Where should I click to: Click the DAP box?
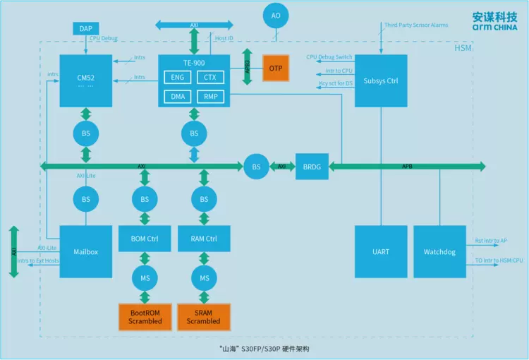[x=85, y=28]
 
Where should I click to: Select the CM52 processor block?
[x=85, y=80]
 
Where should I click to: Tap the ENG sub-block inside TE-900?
[x=177, y=77]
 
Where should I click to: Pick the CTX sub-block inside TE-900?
[x=210, y=77]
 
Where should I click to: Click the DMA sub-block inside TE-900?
[x=177, y=96]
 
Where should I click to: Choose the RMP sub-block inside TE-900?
[x=210, y=96]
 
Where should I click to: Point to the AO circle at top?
[x=276, y=16]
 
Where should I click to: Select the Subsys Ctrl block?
[x=381, y=80]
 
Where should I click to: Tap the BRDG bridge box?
[x=311, y=167]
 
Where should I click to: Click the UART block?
[x=381, y=251]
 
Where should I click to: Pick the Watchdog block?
[x=439, y=251]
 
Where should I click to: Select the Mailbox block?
[x=85, y=251]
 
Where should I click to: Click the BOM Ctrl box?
[x=145, y=239]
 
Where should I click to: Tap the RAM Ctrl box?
[x=204, y=239]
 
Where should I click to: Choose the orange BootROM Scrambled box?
[x=145, y=316]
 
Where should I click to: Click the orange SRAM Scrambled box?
[x=204, y=316]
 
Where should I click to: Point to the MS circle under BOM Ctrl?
[x=145, y=278]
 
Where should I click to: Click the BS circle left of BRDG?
[x=256, y=167]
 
